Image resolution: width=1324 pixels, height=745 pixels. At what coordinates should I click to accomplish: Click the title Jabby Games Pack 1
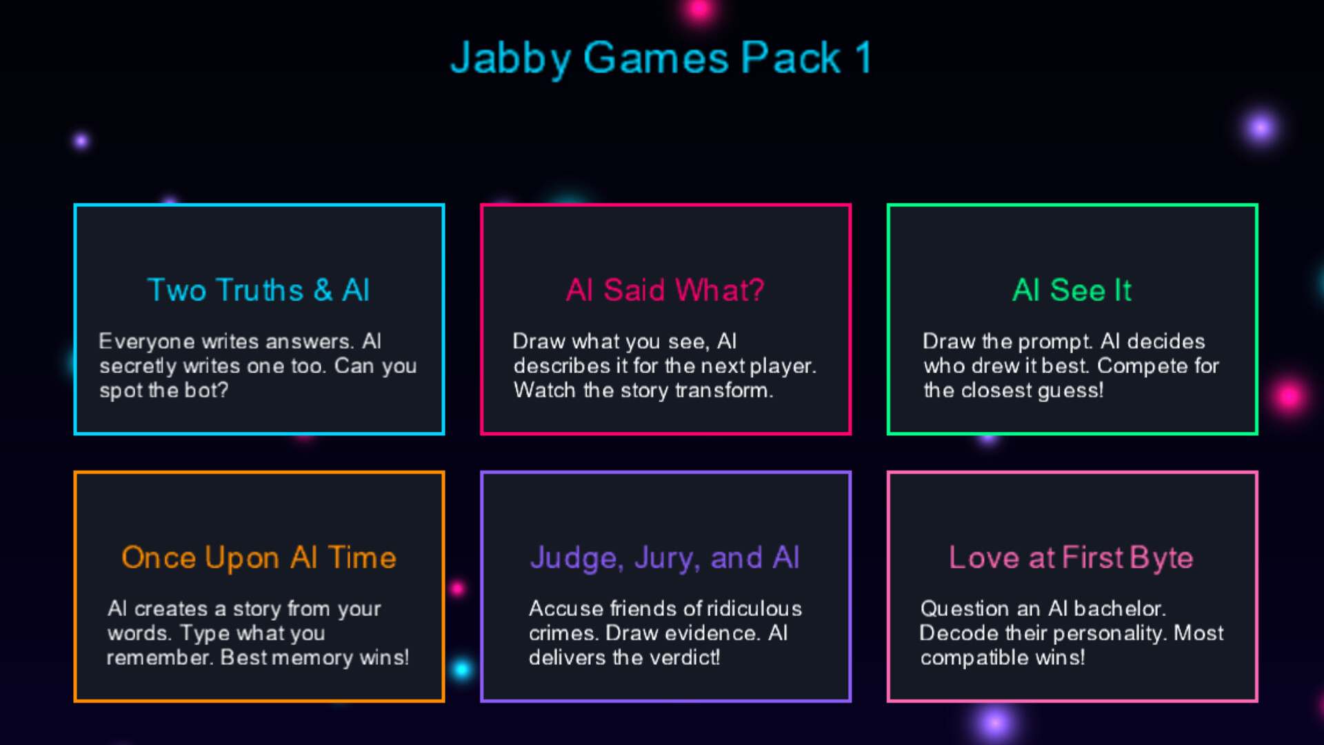coord(661,58)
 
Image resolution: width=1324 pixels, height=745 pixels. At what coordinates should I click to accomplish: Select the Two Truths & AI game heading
coord(259,290)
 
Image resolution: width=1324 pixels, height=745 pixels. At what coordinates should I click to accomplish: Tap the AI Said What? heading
coord(665,290)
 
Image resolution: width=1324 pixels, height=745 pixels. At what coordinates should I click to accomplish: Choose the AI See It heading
coord(1072,290)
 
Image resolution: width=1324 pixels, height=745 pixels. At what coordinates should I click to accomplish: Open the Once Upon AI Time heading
coord(259,558)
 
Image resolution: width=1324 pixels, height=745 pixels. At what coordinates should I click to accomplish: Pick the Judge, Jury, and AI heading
coord(665,558)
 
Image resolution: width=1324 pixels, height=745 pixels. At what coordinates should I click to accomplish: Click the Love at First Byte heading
coord(1071,558)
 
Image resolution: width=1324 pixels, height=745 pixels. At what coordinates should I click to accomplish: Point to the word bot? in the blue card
coord(205,390)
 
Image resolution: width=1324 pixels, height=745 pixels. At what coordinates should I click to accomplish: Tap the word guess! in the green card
coord(1070,390)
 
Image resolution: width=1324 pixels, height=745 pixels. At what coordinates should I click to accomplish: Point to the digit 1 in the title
coord(863,58)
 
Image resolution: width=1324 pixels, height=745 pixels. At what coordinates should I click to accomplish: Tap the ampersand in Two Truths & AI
coord(323,290)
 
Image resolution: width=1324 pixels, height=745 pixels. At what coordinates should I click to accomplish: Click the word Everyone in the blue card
coord(146,341)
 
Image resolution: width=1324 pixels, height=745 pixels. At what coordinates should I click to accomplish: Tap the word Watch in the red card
coord(544,390)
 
